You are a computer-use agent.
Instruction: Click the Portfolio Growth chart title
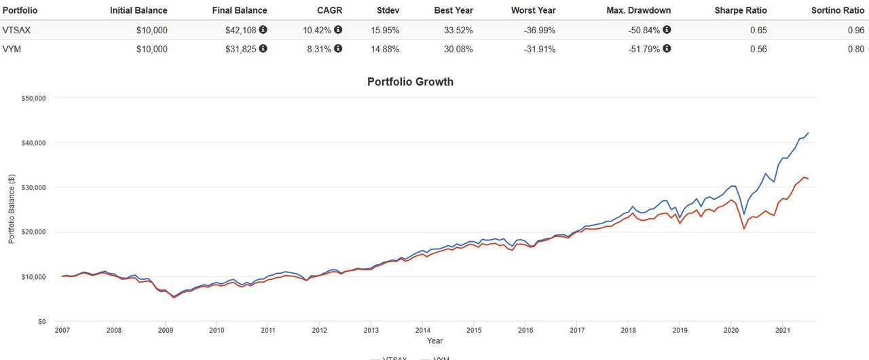pos(410,82)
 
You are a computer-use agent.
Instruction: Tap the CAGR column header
pos(331,10)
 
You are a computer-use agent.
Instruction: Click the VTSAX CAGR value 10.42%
pos(319,30)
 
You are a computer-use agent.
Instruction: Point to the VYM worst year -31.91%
pos(540,49)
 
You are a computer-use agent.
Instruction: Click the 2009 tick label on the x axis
pos(165,330)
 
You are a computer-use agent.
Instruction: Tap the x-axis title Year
pos(435,340)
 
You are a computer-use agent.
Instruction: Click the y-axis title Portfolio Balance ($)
pos(12,209)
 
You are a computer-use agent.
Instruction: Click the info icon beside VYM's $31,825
pos(263,49)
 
